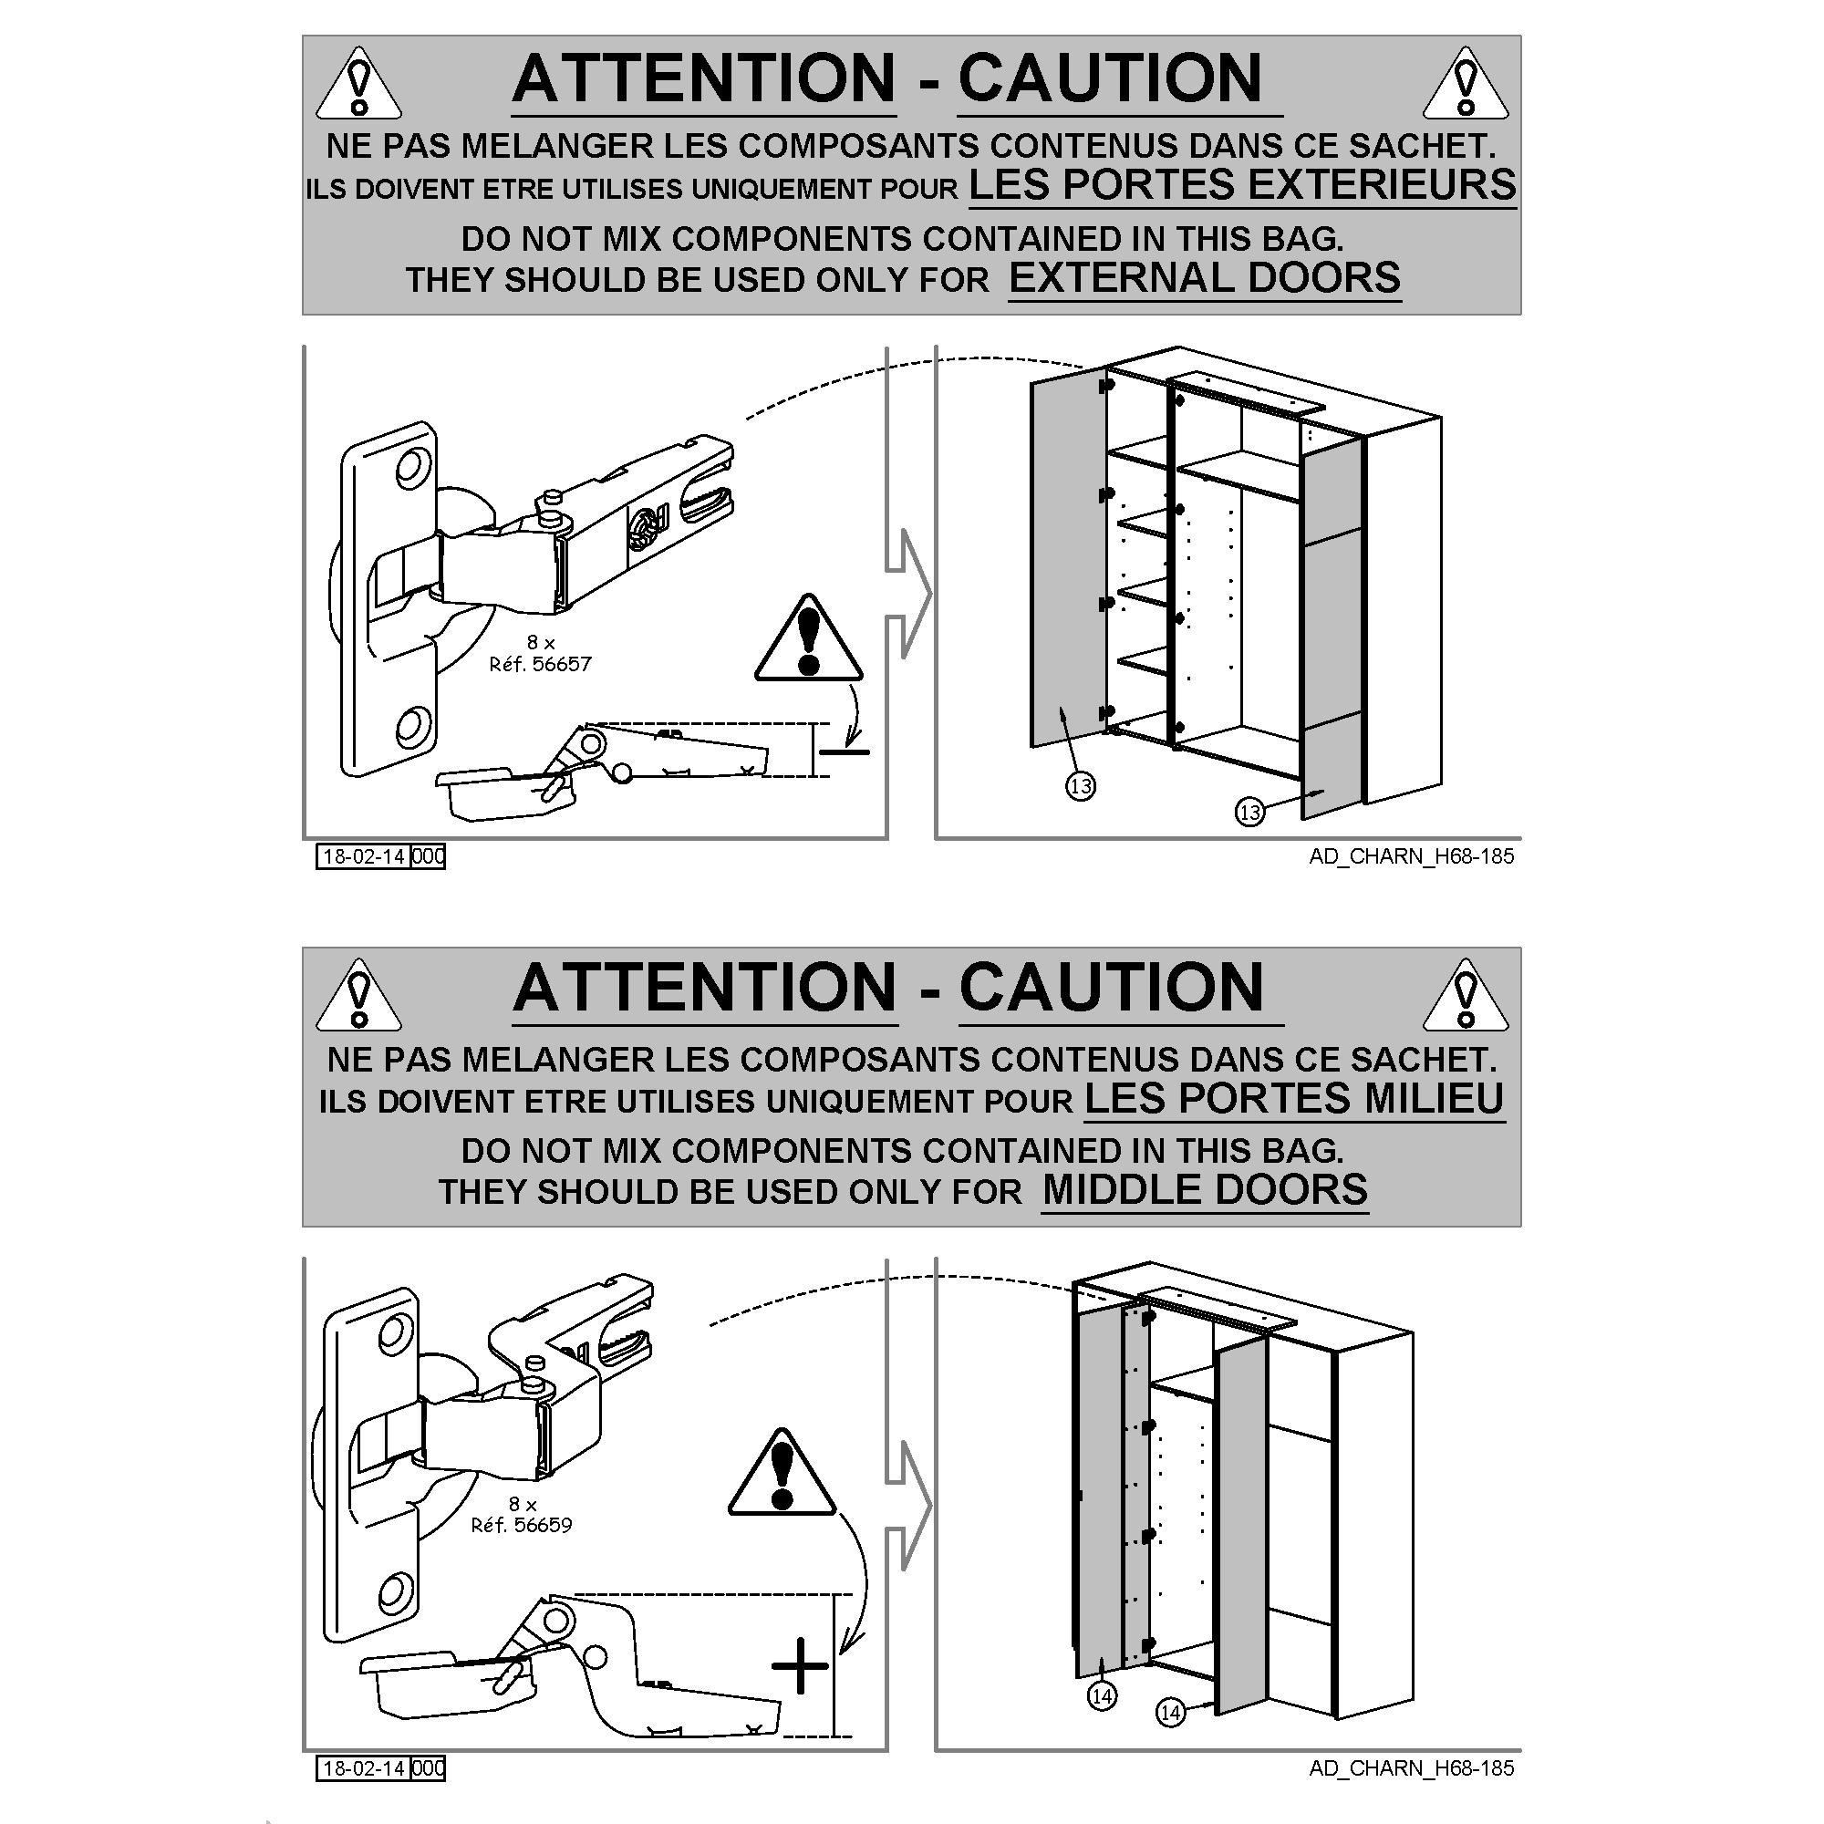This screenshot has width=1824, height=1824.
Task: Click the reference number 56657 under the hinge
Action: tap(562, 665)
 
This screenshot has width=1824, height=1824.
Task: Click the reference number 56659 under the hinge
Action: tap(543, 1525)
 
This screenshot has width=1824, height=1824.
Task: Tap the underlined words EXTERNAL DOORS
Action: tap(1205, 277)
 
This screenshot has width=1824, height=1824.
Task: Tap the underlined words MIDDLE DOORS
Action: tap(1205, 1189)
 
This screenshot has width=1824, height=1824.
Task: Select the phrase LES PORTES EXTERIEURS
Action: tap(1242, 184)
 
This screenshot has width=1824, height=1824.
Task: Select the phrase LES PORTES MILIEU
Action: tap(1294, 1098)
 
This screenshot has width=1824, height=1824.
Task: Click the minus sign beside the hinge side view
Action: tap(844, 752)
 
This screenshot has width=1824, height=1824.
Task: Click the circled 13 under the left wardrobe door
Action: tap(1080, 785)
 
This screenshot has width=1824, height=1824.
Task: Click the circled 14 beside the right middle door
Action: tap(1171, 1739)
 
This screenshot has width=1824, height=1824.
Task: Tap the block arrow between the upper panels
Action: tap(908, 594)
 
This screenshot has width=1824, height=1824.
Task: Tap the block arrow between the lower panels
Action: tap(908, 1506)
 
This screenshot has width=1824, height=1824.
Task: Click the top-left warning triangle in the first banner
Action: tap(358, 85)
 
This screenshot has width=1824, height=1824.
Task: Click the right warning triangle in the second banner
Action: tap(1466, 996)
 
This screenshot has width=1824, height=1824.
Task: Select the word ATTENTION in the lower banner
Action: tap(704, 988)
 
